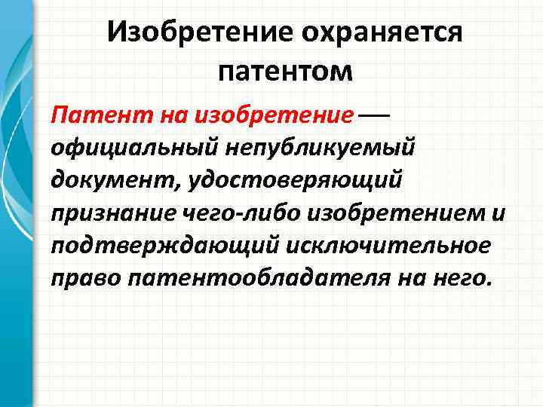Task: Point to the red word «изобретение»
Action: click(x=274, y=117)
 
